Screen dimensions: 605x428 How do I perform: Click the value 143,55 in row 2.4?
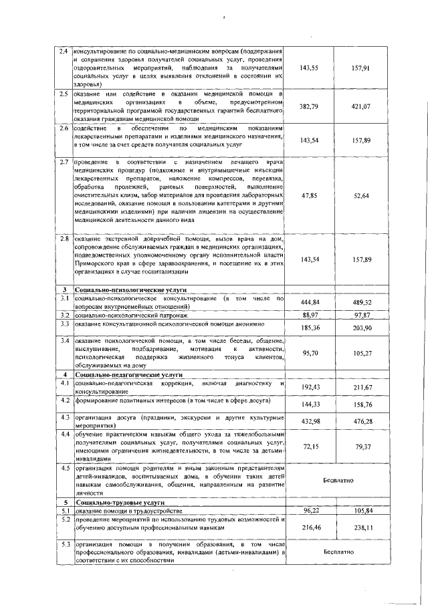[309, 68]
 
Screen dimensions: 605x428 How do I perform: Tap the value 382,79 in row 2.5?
[309, 106]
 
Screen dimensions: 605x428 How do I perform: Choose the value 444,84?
[309, 302]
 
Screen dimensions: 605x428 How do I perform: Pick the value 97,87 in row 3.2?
[361, 314]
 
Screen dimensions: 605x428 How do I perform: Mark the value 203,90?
[361, 328]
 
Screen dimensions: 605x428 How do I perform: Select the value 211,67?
[361, 387]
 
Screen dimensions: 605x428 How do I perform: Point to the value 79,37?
[361, 446]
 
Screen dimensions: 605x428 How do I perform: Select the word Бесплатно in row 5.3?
[334, 552]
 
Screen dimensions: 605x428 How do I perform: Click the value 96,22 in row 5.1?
[309, 510]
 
